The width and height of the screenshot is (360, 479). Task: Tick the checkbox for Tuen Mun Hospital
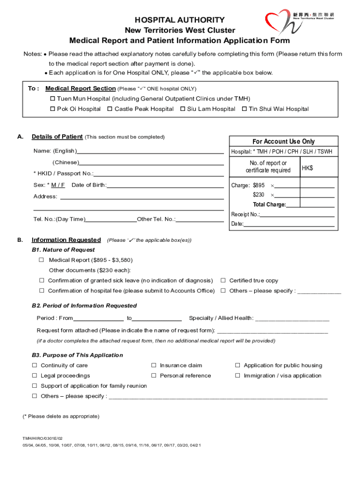(53, 99)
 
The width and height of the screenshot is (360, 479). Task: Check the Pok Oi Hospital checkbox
(53, 109)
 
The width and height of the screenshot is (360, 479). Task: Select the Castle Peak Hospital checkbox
(109, 109)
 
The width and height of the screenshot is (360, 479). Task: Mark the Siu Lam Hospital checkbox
(182, 109)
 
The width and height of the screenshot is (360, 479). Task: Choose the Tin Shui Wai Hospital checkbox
(244, 109)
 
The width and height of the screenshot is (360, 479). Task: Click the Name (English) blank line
(150, 152)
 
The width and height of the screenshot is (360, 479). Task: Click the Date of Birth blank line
(165, 185)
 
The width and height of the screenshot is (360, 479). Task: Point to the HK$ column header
(307, 168)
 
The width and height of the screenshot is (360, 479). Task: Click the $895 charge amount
(259, 186)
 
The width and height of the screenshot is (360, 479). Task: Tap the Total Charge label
(269, 205)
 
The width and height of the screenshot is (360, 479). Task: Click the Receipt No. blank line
(297, 215)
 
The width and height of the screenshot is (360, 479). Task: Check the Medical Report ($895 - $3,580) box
(41, 260)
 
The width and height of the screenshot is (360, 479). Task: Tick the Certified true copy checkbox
(223, 281)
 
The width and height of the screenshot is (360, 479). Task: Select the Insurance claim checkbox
(153, 365)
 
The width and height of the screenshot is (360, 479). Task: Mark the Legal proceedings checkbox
(35, 376)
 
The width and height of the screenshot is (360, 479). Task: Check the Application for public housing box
(238, 365)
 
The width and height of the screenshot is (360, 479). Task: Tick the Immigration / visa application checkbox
(238, 376)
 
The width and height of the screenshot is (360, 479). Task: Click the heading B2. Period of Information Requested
(84, 305)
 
